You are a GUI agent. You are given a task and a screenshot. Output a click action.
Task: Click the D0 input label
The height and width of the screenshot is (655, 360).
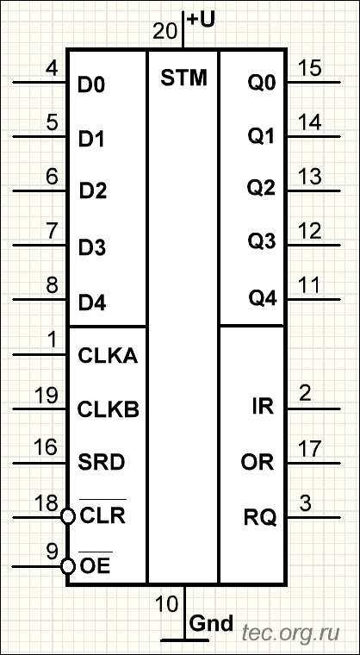click(x=92, y=85)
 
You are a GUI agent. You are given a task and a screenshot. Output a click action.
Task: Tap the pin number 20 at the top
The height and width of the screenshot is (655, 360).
click(x=166, y=31)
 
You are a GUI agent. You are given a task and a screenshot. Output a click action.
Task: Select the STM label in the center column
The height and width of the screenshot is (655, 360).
click(x=183, y=78)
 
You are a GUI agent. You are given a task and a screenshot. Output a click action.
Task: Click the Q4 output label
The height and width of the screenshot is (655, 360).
click(x=263, y=299)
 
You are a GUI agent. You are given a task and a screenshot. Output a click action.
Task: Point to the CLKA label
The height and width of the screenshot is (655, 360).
click(x=108, y=356)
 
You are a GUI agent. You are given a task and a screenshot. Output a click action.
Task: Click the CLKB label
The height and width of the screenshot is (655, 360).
click(x=109, y=409)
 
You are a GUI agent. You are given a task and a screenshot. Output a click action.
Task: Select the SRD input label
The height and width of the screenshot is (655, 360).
click(x=102, y=463)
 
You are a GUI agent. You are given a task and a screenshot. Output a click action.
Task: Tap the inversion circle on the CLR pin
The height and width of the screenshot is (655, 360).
click(x=67, y=517)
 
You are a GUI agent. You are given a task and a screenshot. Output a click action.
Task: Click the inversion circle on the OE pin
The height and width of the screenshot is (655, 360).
click(x=67, y=567)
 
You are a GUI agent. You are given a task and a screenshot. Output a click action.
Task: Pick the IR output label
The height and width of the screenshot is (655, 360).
click(x=264, y=408)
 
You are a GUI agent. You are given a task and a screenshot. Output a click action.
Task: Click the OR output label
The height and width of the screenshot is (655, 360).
click(x=258, y=463)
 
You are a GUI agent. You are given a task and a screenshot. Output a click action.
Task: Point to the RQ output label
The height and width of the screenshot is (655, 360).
click(x=260, y=519)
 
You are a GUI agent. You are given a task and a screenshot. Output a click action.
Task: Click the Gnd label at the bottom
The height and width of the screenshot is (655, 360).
click(x=211, y=624)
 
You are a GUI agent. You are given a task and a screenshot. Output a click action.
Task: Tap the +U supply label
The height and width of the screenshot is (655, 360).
click(x=202, y=20)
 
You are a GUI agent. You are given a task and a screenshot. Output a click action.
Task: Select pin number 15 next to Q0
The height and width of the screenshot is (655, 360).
click(x=310, y=68)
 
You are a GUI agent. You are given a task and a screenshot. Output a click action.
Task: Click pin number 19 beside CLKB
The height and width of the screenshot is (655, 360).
click(x=47, y=396)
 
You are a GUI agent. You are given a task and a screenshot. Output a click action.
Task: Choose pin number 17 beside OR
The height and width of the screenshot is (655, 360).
click(x=310, y=449)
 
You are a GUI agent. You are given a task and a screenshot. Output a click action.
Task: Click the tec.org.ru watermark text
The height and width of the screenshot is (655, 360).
click(x=291, y=633)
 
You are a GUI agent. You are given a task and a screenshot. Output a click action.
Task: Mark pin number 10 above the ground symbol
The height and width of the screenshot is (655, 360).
click(x=167, y=604)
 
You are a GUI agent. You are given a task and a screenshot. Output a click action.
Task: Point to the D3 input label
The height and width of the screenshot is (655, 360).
click(x=92, y=248)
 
